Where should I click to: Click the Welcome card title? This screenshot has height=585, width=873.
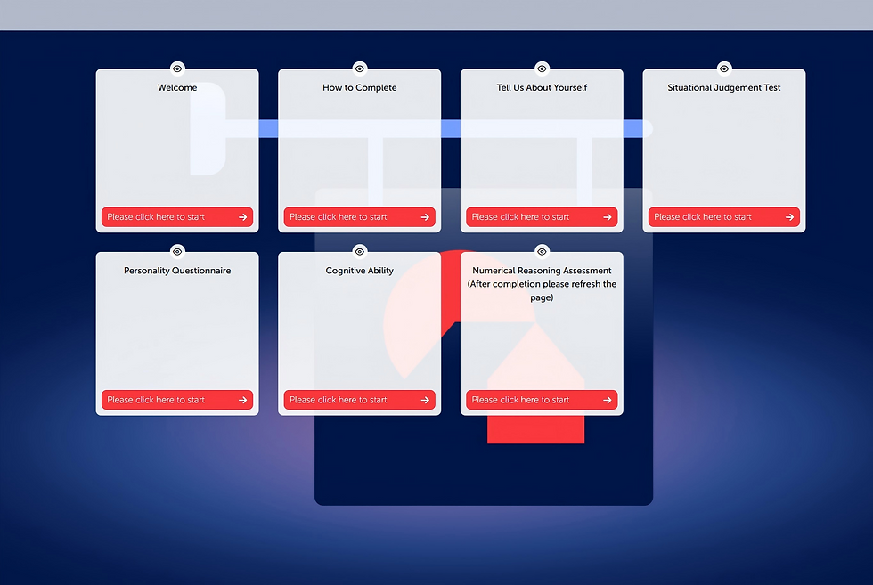(177, 87)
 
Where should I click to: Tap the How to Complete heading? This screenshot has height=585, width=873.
(360, 87)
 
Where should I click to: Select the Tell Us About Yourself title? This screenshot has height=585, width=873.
(542, 87)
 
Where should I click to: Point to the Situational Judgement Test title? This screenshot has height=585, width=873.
(723, 87)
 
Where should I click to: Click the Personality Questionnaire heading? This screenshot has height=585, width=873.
(177, 271)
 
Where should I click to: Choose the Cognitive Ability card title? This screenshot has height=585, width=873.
(360, 271)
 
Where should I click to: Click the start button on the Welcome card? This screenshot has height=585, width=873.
(177, 217)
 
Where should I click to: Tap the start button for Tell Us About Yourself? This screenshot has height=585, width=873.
(542, 217)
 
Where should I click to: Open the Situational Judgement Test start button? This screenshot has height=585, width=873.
(723, 217)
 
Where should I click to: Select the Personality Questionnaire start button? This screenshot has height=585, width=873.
(177, 400)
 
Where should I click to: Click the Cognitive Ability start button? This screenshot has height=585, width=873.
(360, 400)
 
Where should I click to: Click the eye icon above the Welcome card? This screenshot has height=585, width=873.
(177, 69)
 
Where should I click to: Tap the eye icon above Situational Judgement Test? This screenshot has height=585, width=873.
(723, 69)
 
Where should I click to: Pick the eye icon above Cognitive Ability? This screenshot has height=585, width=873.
(360, 252)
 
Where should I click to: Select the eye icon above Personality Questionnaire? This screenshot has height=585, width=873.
(177, 252)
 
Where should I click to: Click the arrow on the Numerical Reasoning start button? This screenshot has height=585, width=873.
(607, 400)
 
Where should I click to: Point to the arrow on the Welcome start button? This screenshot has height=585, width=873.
(242, 217)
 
